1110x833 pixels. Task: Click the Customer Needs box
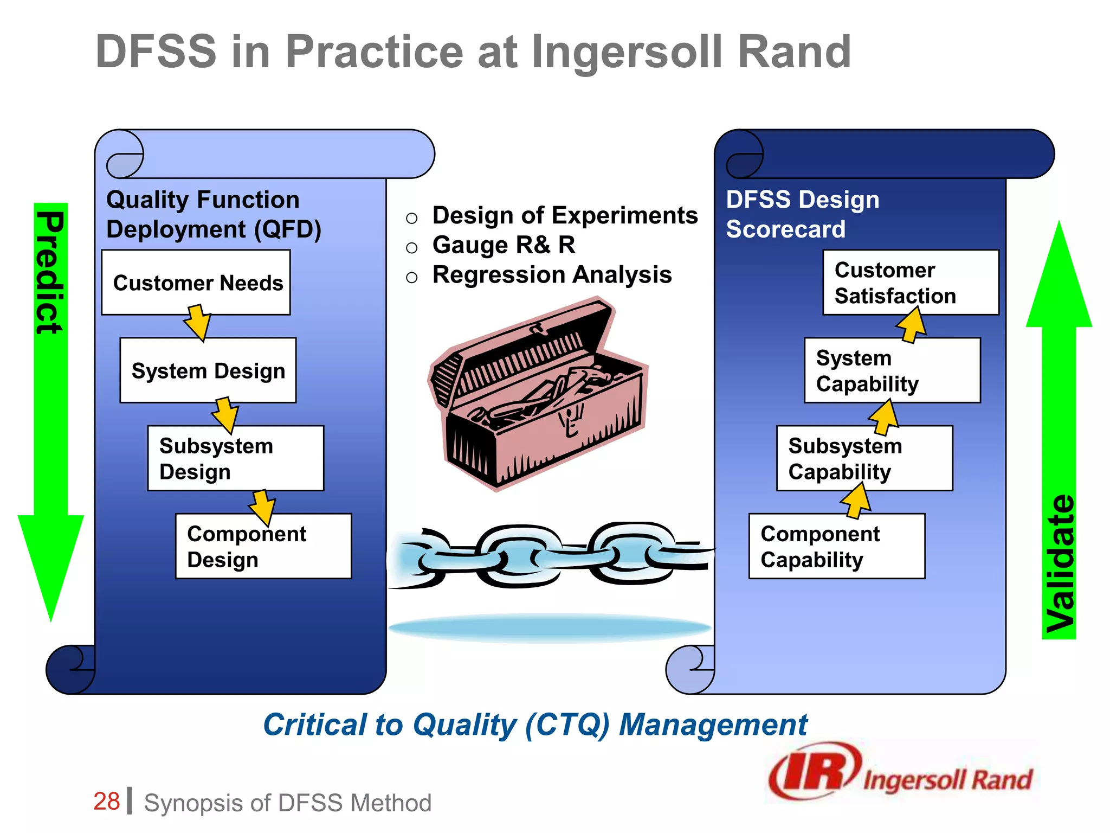(x=196, y=283)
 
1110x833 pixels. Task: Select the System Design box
(x=208, y=370)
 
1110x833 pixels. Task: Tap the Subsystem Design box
(x=236, y=458)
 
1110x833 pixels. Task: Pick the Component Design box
(x=263, y=546)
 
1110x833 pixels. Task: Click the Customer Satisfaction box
(x=911, y=283)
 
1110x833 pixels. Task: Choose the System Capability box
(x=892, y=370)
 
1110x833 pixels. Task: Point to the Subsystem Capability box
(x=864, y=458)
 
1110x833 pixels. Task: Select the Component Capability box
(x=836, y=546)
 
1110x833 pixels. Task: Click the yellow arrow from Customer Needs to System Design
(x=198, y=323)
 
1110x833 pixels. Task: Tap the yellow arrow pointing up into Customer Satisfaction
(x=912, y=325)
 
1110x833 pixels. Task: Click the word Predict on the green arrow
(x=50, y=272)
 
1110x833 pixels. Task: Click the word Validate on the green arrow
(x=1060, y=564)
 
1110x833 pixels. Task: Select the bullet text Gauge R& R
(x=504, y=245)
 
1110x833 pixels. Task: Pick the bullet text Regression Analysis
(x=552, y=274)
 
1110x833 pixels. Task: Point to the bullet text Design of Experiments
(x=565, y=215)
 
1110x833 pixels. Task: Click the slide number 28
(x=106, y=802)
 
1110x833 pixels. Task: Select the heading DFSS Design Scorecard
(x=802, y=214)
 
